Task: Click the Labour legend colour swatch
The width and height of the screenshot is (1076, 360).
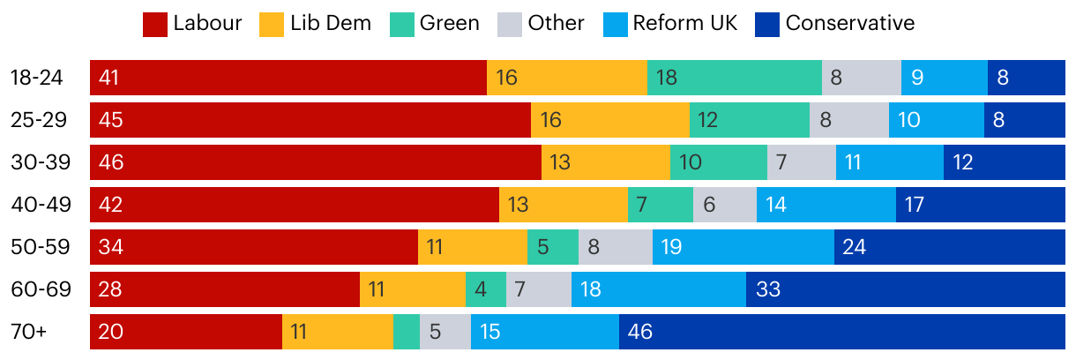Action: pos(155,25)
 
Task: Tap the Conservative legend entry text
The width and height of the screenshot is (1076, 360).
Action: pos(849,24)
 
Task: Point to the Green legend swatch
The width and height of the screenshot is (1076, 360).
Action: pos(402,25)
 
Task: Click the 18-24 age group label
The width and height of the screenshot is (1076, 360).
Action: pos(36,78)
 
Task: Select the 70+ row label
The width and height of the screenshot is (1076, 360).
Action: pos(31,332)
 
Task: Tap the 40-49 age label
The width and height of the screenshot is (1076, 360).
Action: pos(36,205)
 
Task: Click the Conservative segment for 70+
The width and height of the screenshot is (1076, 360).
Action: pos(842,332)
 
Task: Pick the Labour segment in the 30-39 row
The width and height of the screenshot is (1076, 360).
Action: pos(316,162)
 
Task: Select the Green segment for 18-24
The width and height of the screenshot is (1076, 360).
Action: pos(734,78)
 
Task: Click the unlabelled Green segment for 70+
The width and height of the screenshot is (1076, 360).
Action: pos(407,332)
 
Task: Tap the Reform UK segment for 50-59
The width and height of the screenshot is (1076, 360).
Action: pos(743,247)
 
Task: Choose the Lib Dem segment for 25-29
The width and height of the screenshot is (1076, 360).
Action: pos(610,120)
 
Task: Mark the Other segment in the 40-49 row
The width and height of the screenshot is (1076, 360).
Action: pos(725,205)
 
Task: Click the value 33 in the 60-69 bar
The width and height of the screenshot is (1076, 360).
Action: pos(768,289)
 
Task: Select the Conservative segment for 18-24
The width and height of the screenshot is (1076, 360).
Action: pos(1027,78)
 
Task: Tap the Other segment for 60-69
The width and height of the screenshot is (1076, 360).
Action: pos(539,289)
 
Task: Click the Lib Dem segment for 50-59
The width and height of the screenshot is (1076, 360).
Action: pos(473,247)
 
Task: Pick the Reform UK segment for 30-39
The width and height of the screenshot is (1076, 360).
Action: pos(890,162)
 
